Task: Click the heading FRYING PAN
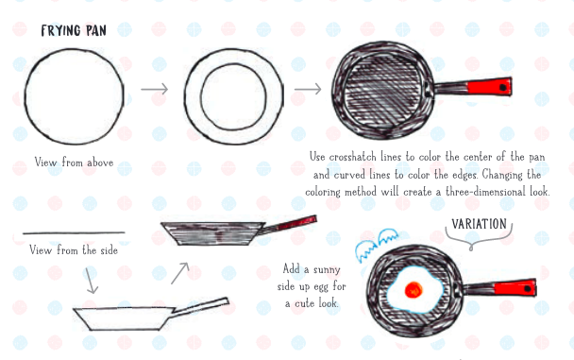pos(74,31)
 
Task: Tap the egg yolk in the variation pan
pos(414,290)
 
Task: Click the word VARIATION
pos(479,224)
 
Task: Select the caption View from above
pos(74,162)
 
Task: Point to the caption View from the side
pos(74,250)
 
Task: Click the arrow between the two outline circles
pos(155,89)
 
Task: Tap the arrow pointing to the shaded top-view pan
pos(308,89)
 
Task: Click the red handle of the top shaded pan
pos(489,87)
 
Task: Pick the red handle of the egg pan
pos(515,287)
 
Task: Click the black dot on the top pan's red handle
pos(503,87)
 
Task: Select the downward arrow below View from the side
pos(91,281)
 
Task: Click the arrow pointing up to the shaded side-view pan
pos(179,273)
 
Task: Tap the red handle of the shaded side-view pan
pos(296,223)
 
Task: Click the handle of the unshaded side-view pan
pos(200,306)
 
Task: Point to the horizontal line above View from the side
pos(74,232)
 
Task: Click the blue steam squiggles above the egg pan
pos(377,245)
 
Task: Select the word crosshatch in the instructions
pos(352,157)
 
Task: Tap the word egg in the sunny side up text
pos(320,286)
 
